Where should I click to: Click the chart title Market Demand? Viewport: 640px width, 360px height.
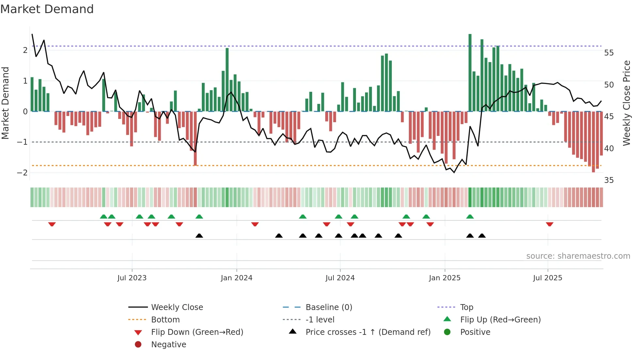47,9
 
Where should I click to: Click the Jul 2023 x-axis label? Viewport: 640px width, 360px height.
132,278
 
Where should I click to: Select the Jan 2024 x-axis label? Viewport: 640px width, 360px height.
236,278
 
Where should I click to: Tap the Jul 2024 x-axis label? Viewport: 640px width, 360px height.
340,278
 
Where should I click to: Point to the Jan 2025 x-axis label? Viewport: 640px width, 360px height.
444,278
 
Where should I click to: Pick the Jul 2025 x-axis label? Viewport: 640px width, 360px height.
548,278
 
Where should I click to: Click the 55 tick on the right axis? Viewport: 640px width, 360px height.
609,53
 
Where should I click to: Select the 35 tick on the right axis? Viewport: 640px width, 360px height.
609,180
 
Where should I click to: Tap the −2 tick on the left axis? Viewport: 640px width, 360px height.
22,173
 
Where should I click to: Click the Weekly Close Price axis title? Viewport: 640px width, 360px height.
626,103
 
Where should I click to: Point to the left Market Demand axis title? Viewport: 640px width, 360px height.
6,103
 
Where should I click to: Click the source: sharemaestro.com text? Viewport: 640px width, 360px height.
578,256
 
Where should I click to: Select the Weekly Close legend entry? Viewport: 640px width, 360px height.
177,307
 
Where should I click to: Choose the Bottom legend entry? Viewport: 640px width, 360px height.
165,320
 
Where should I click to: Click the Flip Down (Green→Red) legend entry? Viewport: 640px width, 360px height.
197,332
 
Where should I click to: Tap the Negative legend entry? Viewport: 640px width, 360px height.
168,345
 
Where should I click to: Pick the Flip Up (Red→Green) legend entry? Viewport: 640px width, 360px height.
500,320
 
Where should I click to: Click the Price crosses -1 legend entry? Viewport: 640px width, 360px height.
368,332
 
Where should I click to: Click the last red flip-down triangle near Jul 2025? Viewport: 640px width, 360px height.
550,224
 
